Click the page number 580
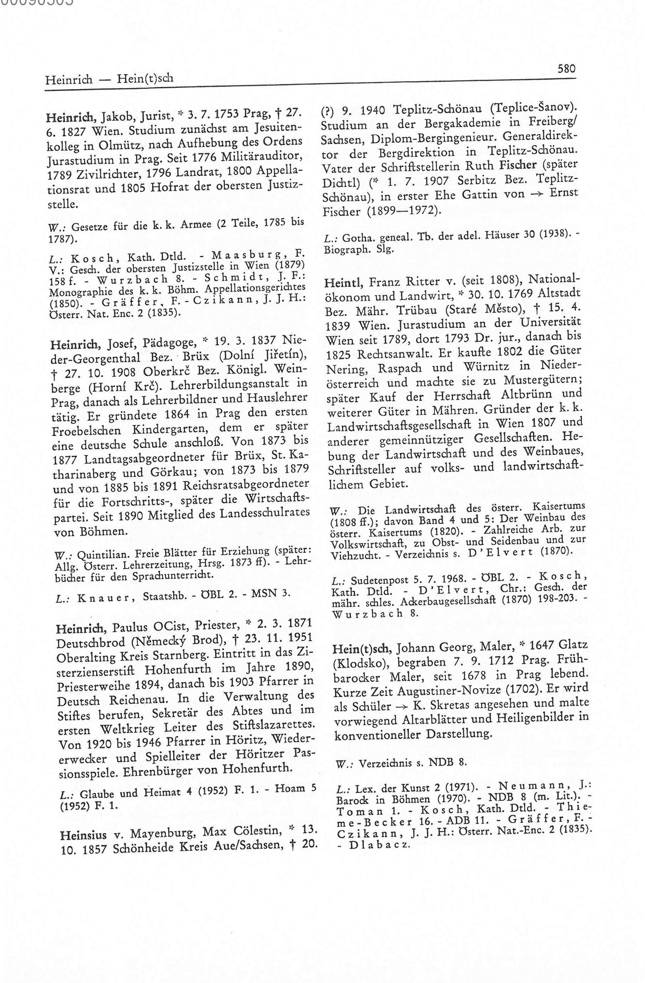[566, 69]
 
